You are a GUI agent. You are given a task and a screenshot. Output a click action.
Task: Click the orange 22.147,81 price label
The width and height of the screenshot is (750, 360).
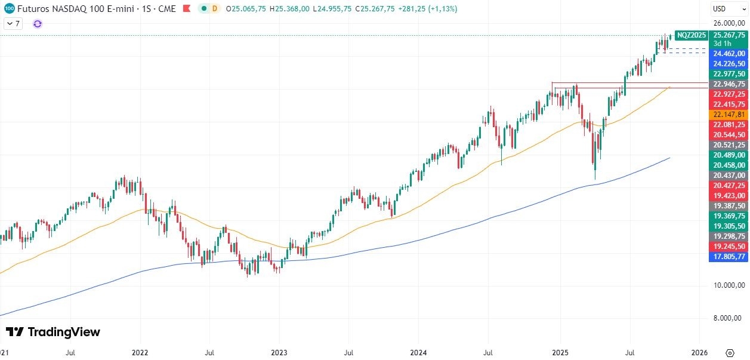pyautogui.click(x=729, y=114)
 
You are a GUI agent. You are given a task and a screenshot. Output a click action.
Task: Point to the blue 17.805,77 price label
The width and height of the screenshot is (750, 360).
pyautogui.click(x=729, y=257)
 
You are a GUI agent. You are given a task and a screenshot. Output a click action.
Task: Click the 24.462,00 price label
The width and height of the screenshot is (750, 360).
pyautogui.click(x=729, y=53)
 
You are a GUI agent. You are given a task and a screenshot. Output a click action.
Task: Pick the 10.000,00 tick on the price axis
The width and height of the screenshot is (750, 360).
pyautogui.click(x=729, y=285)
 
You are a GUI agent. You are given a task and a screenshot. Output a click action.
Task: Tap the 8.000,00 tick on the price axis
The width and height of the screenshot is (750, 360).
pyautogui.click(x=729, y=318)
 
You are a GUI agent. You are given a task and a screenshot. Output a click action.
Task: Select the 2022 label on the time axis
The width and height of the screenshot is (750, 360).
pyautogui.click(x=140, y=352)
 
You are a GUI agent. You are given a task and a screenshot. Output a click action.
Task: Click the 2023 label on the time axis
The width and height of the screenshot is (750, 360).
pyautogui.click(x=279, y=352)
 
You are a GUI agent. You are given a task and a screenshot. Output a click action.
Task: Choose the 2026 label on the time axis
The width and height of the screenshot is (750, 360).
pyautogui.click(x=699, y=352)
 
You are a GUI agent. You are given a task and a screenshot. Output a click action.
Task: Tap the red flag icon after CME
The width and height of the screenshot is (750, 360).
pyautogui.click(x=187, y=9)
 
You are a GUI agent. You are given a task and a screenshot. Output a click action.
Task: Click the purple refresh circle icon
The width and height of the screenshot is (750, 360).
pyautogui.click(x=38, y=24)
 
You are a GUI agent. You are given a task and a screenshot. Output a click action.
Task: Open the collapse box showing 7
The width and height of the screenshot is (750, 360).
pyautogui.click(x=13, y=24)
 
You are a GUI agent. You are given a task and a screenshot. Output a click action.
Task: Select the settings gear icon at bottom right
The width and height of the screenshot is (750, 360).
pyautogui.click(x=729, y=352)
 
